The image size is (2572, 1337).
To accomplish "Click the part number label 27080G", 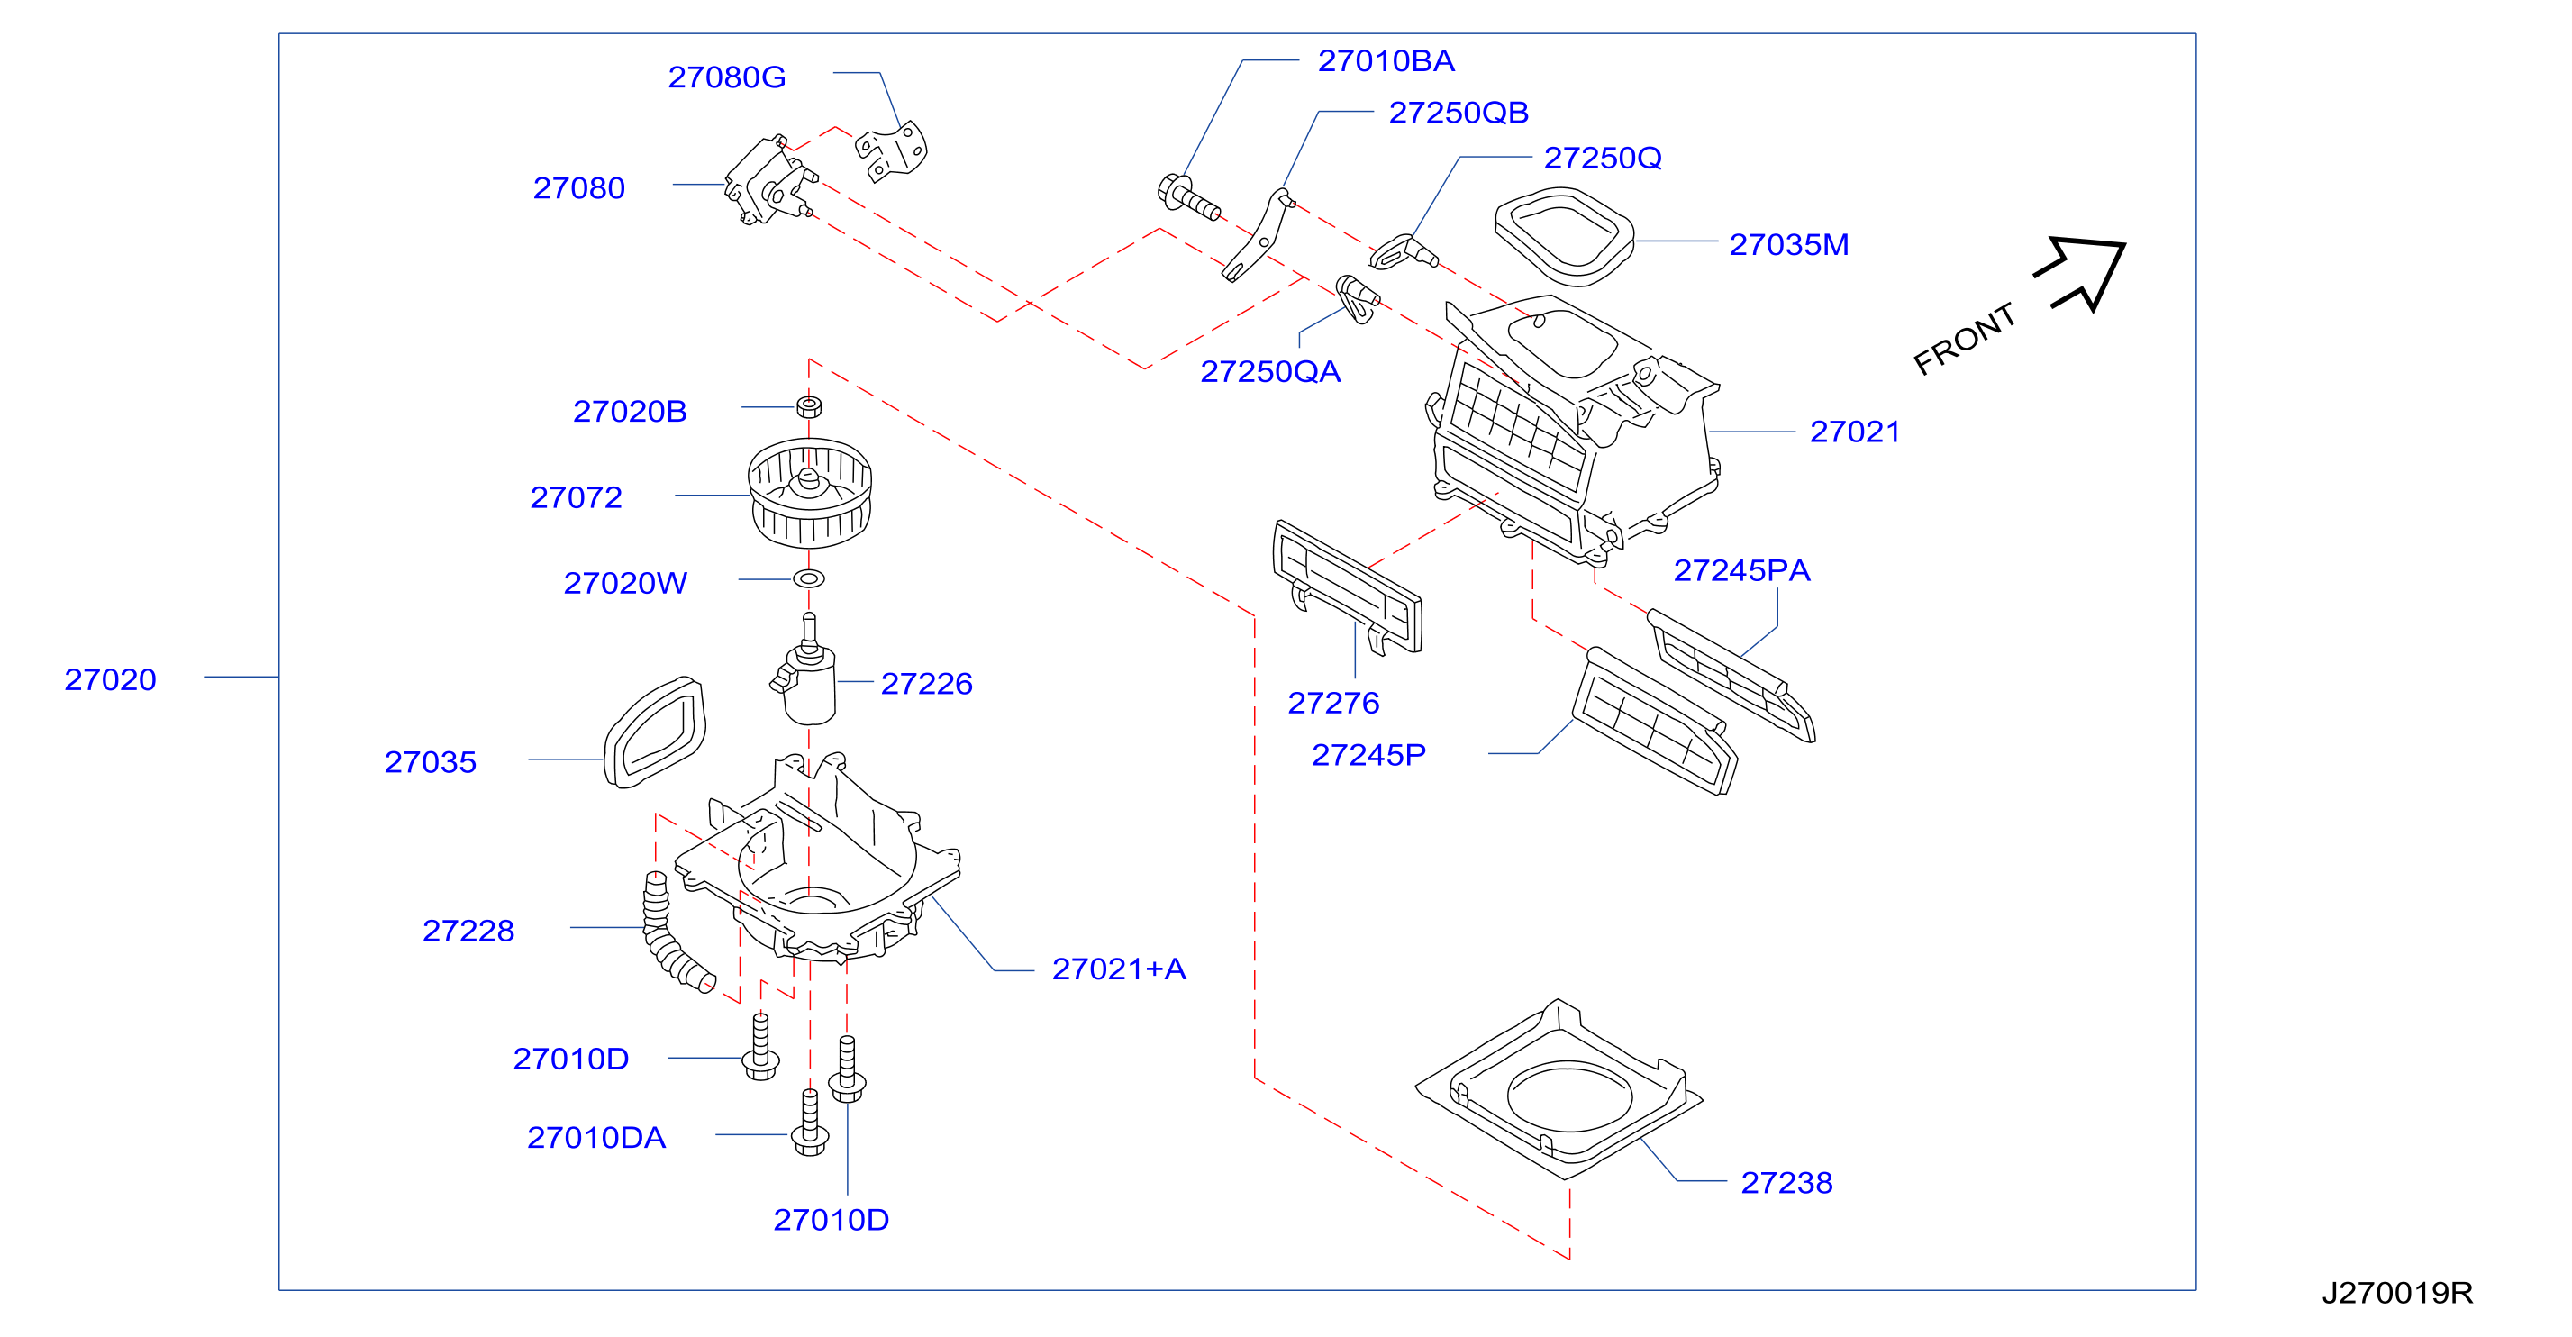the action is (x=726, y=77).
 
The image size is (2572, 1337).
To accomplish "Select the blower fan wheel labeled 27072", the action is (x=810, y=493).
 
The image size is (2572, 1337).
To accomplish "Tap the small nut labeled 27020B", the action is (x=809, y=406).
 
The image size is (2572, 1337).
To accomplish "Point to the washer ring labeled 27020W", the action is (x=809, y=579).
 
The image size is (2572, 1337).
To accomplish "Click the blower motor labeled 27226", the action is (x=804, y=673).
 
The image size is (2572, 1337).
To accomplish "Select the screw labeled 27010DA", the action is (x=810, y=1123).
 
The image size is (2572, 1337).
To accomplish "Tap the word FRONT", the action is (x=1964, y=339).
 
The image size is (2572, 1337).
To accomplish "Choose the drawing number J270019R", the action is (x=2396, y=1293).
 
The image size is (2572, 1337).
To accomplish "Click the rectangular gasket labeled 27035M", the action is (x=1564, y=237).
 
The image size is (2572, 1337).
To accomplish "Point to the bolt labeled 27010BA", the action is (x=1188, y=196).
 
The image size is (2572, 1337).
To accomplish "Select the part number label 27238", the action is (x=1786, y=1182).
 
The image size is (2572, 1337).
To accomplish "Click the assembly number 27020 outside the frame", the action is (x=110, y=679).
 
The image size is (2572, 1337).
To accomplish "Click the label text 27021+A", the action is (x=1118, y=969).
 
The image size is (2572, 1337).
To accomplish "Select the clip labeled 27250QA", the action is (x=1357, y=298).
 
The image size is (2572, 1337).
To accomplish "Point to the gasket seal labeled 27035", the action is (x=655, y=732).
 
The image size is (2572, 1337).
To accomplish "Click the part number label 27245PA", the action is (x=1741, y=570).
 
